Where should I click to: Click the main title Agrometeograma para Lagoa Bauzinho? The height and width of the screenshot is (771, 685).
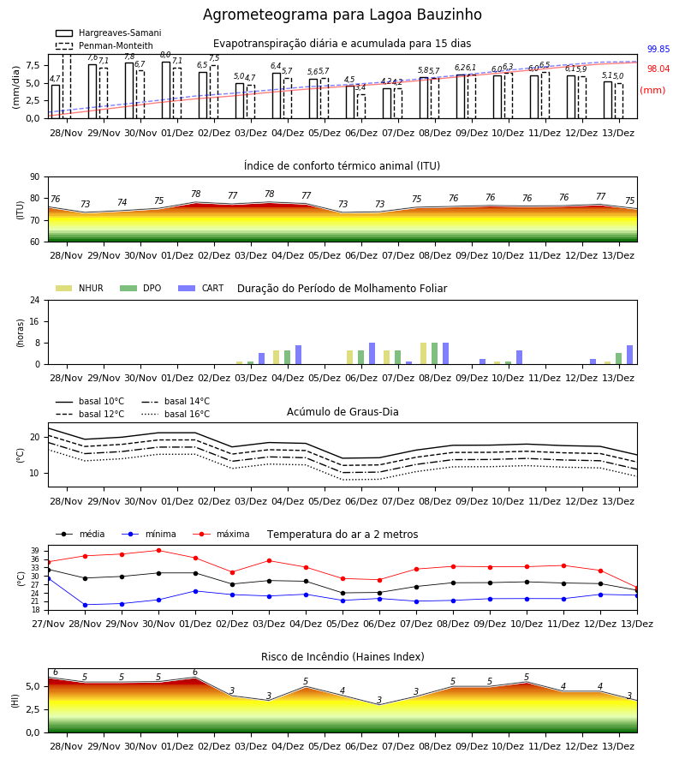(342, 15)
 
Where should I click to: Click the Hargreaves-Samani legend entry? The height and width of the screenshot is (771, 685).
(108, 33)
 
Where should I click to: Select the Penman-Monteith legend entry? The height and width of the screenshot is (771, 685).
(104, 45)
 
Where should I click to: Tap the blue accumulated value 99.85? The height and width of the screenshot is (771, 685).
(658, 49)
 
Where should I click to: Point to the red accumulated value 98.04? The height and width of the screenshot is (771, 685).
(658, 69)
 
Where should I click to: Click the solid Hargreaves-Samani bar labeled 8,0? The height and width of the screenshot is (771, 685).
(166, 90)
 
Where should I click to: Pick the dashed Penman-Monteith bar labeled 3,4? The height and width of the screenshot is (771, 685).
(361, 106)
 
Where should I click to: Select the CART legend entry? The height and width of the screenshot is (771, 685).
(201, 288)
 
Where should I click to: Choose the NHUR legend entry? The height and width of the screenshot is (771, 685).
(80, 288)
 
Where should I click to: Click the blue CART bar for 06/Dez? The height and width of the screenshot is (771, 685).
(372, 354)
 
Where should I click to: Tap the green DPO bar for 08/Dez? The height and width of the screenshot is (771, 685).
(434, 354)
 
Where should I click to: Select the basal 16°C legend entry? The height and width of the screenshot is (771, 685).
(176, 414)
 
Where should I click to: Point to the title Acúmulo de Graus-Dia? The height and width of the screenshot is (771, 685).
(342, 412)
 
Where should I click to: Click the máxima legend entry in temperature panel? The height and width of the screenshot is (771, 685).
(222, 534)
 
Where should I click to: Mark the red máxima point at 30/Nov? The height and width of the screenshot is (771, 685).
(158, 550)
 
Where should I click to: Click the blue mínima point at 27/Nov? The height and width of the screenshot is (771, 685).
(48, 579)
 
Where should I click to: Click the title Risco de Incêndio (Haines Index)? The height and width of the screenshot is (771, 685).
(342, 657)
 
